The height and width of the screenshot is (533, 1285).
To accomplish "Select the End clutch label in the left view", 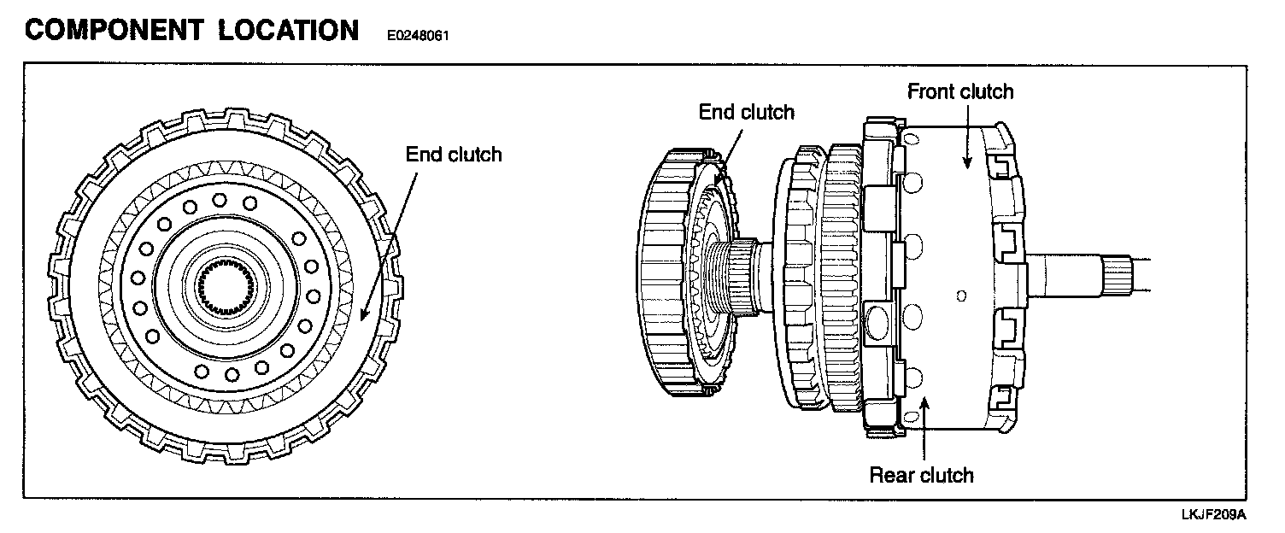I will click(454, 155).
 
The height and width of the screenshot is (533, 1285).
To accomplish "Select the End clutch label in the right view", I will click(746, 112).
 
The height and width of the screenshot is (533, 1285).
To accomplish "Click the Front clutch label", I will click(960, 91).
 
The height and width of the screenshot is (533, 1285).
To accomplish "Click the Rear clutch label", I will click(921, 475).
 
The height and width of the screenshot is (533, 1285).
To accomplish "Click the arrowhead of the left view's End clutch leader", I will click(362, 318).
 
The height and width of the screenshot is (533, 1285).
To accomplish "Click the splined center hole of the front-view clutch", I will click(220, 283).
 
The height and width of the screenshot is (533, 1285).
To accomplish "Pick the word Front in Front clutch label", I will click(933, 91).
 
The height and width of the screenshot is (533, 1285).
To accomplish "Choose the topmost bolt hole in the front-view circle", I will click(220, 200).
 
